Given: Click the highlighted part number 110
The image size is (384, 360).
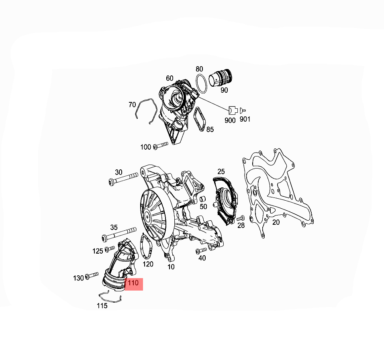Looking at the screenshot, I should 133,283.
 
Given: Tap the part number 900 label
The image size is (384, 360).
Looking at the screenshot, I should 230,120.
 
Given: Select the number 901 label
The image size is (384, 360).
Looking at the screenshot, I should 245,119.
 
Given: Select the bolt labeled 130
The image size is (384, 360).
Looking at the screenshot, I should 92,275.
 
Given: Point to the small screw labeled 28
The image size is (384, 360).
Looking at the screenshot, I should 241,218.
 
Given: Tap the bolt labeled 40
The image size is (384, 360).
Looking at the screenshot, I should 201,251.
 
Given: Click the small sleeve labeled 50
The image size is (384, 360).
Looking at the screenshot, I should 203,199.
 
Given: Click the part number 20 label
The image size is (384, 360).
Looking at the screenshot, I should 276,222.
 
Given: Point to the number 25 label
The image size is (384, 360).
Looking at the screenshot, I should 221,172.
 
